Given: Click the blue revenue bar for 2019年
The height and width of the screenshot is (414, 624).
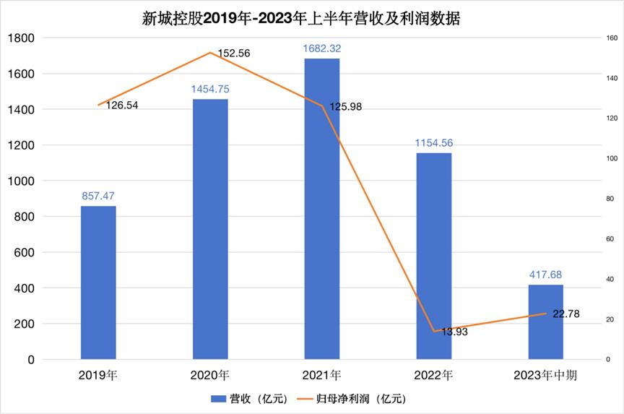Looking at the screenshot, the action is coord(98,283).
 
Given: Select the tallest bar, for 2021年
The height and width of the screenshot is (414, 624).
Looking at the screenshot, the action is coord(322,209).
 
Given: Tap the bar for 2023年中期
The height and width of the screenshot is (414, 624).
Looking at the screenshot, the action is coord(545,322).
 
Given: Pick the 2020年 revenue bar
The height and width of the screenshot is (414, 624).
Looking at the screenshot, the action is coord(210,229).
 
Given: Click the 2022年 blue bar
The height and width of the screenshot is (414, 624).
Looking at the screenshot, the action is coord(434,256).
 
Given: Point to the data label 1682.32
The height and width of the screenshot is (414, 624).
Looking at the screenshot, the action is coord(322,48).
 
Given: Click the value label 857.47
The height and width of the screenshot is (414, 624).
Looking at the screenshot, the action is coord(98,196).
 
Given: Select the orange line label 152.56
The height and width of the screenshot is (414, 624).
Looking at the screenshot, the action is coord(234,53).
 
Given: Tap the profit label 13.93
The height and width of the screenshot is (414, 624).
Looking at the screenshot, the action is coord(454,332).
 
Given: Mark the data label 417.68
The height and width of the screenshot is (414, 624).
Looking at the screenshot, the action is coord(545,275).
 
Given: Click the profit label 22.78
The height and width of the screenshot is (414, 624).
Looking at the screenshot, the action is coord(566,314).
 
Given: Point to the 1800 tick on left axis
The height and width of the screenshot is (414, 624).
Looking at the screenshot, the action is coord(21,38).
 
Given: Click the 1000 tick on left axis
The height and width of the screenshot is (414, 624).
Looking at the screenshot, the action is coord(21,181).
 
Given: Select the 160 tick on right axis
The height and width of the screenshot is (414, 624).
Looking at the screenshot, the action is coord(612,38).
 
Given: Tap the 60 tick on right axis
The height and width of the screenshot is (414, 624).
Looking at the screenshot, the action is coord(610,239).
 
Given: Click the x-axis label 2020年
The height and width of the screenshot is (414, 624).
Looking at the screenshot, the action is coord(210,376).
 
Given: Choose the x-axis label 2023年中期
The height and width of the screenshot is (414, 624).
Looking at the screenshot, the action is coord(545,376).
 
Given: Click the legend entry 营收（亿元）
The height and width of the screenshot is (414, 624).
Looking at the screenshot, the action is coord(249,399).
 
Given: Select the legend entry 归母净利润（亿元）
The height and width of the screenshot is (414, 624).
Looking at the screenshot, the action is coord(352,399).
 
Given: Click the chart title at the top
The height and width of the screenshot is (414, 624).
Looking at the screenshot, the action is coord(301,19).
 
